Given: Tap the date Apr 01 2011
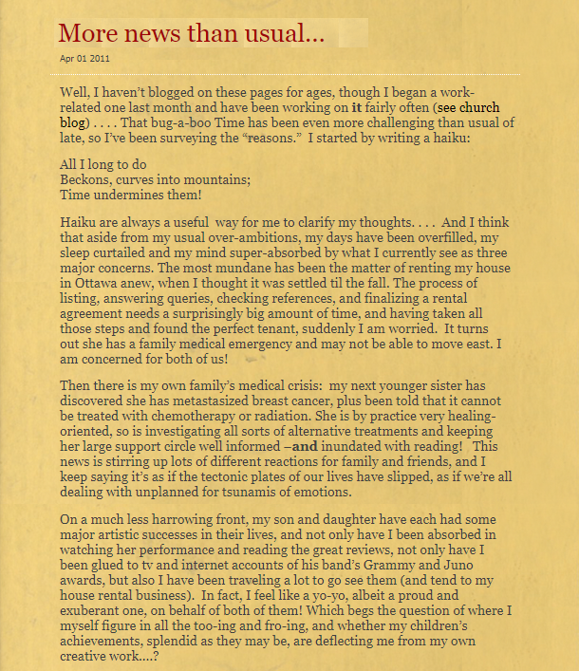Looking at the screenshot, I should [84, 59].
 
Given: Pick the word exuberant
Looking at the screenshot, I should [96, 610].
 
